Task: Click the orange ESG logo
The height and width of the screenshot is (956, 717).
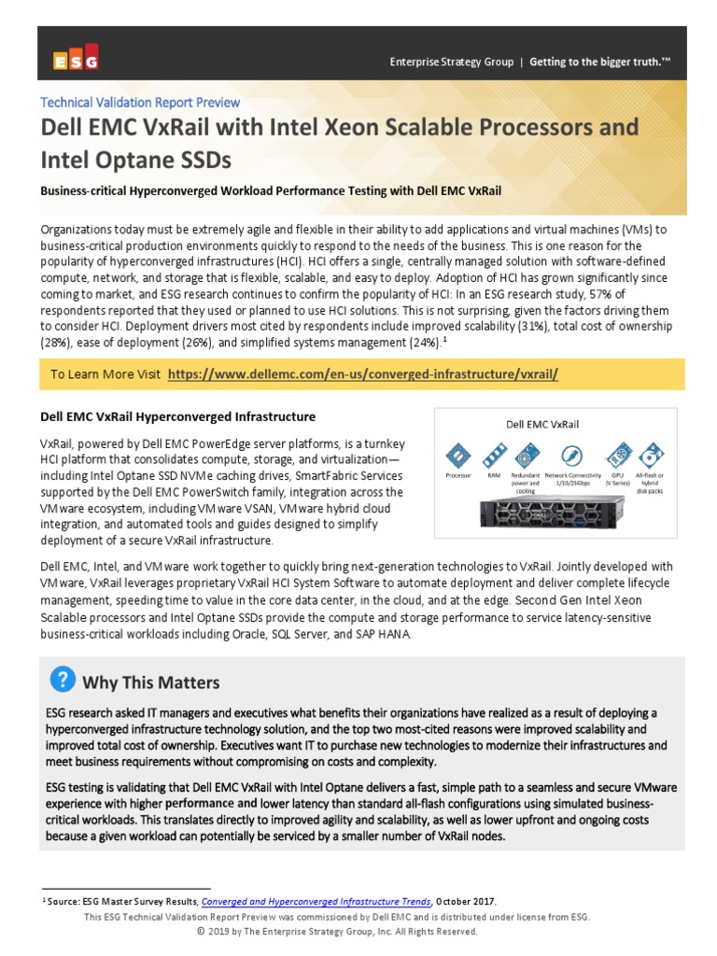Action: tap(76, 62)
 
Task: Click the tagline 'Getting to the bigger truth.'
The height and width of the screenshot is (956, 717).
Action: tap(600, 63)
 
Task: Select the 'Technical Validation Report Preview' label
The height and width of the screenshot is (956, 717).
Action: tap(140, 103)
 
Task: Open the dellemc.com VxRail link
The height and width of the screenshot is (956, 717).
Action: tap(363, 374)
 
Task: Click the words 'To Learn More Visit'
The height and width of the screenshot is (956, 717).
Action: tap(105, 374)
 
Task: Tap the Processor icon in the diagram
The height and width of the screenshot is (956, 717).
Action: tap(458, 457)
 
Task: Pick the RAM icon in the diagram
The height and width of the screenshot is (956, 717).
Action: tap(492, 457)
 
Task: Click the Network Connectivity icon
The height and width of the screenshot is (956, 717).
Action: tap(570, 457)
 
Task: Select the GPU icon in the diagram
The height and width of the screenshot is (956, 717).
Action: tap(616, 457)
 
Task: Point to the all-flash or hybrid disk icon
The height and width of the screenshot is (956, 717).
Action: tap(654, 457)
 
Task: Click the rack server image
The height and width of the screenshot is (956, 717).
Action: tap(555, 513)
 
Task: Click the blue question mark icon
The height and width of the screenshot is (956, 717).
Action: tap(62, 680)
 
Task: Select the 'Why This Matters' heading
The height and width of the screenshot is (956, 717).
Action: tap(151, 682)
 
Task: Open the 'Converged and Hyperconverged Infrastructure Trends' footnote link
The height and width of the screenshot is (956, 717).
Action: tap(316, 901)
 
